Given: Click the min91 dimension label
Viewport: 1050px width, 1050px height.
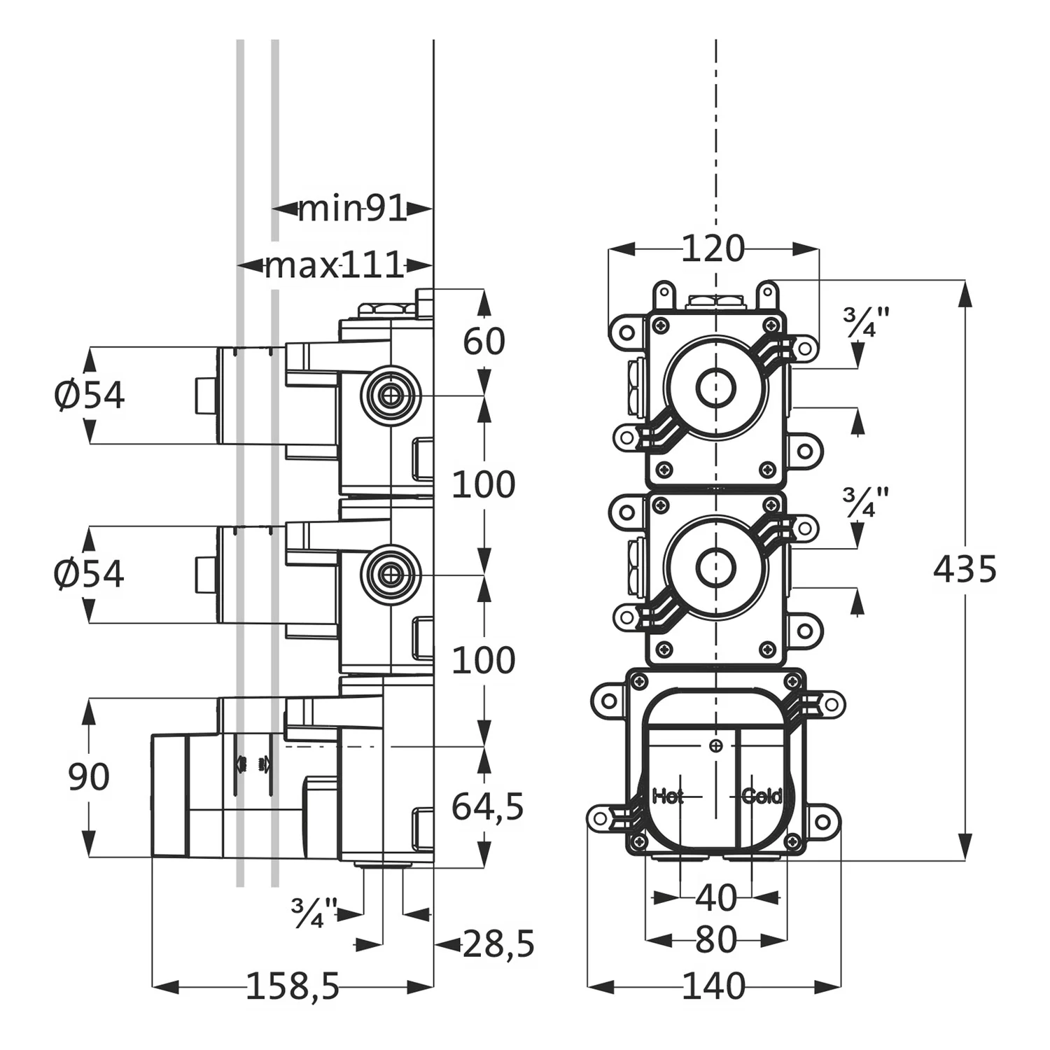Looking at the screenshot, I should (x=352, y=209).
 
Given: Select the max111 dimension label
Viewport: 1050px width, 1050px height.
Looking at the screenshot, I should (x=335, y=265).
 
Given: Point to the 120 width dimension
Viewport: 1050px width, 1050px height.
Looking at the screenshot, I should (x=713, y=248).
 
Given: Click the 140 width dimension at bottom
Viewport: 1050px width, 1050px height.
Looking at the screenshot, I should (x=713, y=987).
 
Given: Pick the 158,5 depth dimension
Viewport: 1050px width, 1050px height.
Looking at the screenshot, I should (x=293, y=987).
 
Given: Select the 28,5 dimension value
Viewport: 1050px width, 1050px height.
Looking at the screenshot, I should (x=498, y=944).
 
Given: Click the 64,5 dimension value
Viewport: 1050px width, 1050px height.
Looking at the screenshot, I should (x=487, y=807).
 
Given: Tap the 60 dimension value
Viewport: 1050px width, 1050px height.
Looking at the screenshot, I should (x=484, y=342).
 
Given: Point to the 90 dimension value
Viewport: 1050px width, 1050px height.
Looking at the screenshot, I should (x=89, y=777).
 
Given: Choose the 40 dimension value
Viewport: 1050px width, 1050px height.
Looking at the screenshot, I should (x=716, y=898).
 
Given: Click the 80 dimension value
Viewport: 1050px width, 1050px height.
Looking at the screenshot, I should (x=716, y=940).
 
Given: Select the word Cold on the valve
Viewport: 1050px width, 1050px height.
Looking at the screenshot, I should (x=762, y=796).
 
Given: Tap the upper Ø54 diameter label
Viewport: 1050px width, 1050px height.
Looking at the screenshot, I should (x=89, y=395).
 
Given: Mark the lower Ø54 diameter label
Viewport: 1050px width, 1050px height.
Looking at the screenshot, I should (x=89, y=574).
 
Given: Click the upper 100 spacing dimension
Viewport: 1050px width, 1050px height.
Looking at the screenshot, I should (x=483, y=484).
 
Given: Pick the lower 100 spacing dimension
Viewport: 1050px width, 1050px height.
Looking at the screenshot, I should (x=483, y=660).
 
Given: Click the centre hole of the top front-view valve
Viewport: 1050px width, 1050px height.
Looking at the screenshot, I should (x=715, y=387).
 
